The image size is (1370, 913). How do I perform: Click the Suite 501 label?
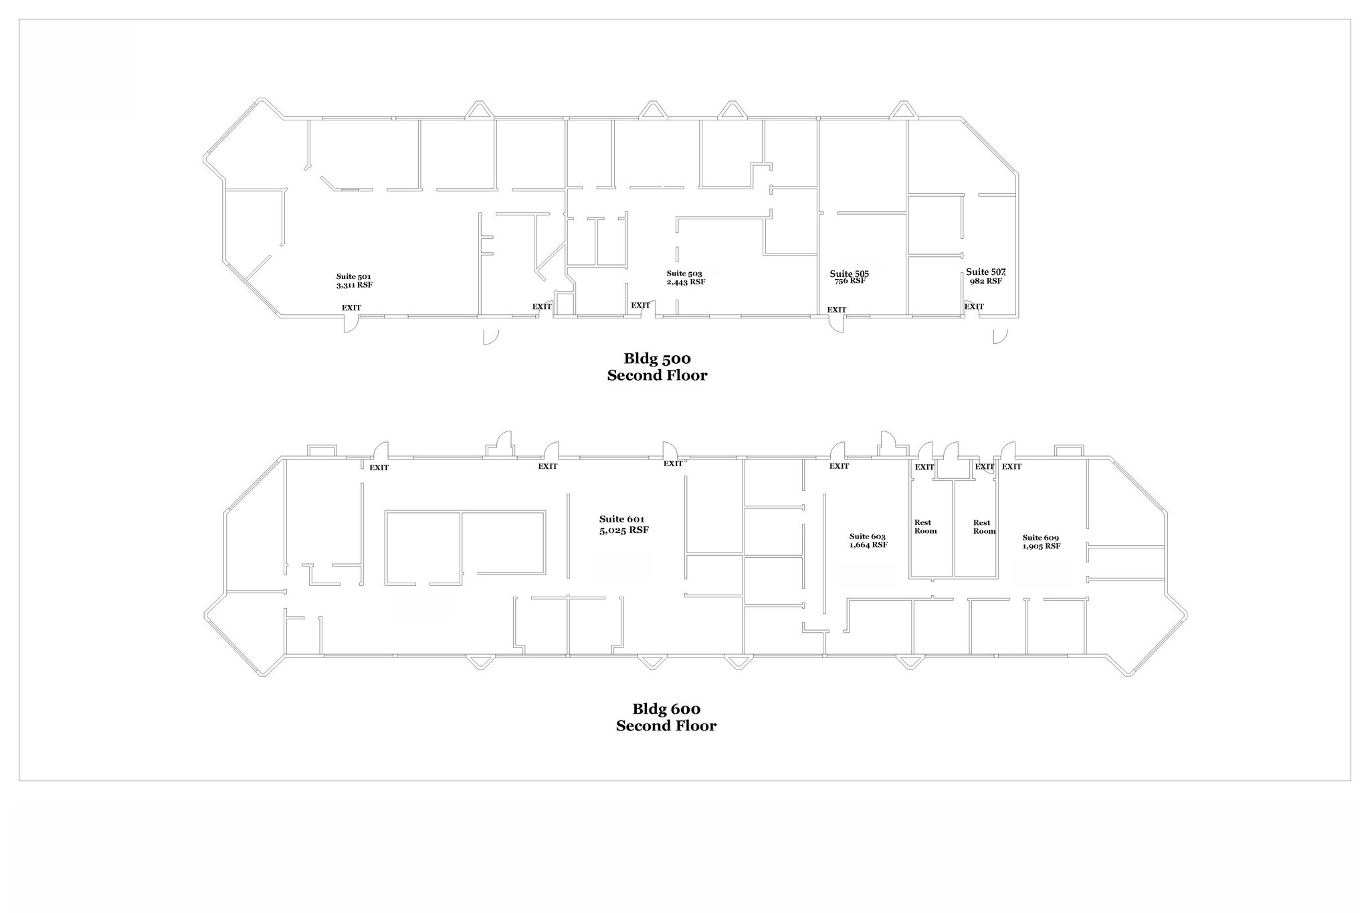[353, 276]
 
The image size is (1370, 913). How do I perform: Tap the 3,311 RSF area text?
[354, 285]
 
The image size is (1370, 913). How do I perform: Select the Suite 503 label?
[684, 274]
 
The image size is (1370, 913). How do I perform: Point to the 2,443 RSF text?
[686, 282]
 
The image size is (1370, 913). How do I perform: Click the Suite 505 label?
[850, 274]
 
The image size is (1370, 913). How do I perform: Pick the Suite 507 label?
[986, 272]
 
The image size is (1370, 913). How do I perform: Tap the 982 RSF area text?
[986, 282]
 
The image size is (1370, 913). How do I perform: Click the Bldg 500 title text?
[657, 359]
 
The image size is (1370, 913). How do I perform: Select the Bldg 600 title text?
[666, 709]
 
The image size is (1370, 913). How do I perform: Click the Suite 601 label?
[622, 520]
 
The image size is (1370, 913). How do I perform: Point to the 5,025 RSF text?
[624, 530]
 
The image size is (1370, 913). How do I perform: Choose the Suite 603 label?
[868, 536]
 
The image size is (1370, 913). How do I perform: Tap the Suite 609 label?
[1041, 538]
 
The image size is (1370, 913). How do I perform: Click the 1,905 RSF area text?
[1042, 546]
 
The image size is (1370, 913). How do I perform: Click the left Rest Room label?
[925, 527]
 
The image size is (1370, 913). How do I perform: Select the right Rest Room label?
[984, 527]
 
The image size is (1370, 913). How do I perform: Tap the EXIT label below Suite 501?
[351, 308]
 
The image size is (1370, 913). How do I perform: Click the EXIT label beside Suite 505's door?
[837, 310]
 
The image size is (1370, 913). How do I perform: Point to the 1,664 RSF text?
[868, 545]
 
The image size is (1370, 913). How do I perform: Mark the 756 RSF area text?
[850, 282]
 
